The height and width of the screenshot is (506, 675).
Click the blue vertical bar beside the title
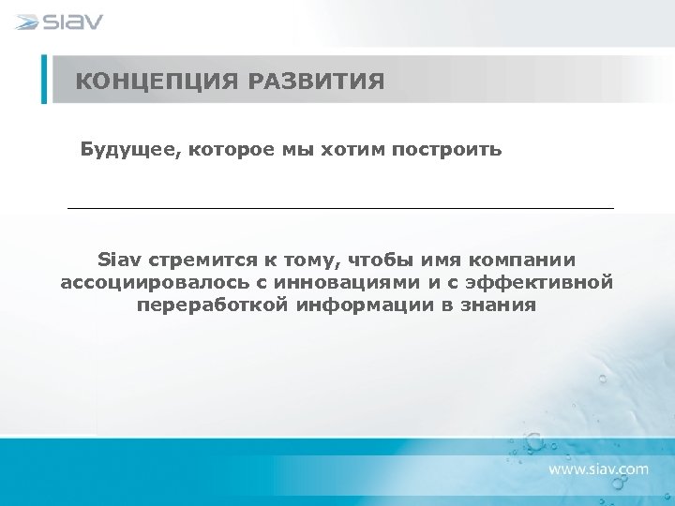pyautogui.click(x=44, y=79)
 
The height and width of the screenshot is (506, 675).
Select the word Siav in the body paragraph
pyautogui.click(x=119, y=259)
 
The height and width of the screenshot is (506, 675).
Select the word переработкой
pyautogui.click(x=212, y=305)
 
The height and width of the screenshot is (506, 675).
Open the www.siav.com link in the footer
pyautogui.click(x=598, y=468)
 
